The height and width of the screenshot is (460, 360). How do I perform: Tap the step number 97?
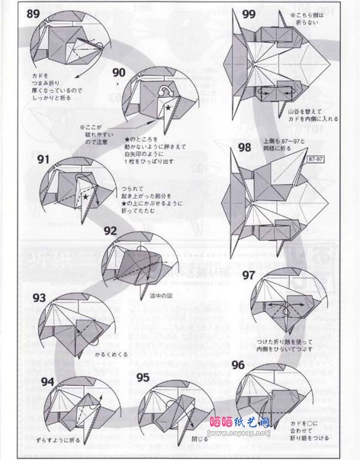tap(248, 274)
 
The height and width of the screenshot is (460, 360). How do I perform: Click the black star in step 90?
tap(168, 109)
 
